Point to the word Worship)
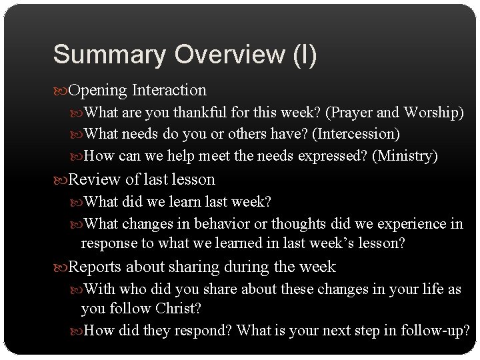pos(434,113)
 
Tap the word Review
pos(89,179)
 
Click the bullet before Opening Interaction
pos(59,90)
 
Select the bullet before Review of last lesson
pos(59,179)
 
